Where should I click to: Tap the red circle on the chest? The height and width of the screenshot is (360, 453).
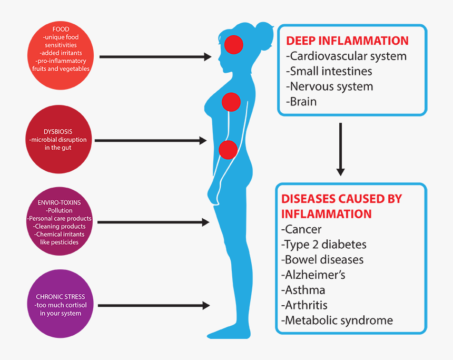231,101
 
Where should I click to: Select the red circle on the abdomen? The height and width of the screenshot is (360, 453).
228,150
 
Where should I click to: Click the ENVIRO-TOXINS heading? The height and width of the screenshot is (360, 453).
59,202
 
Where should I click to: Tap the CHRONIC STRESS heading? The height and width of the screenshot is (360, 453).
60,297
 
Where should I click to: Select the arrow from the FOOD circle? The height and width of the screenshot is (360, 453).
155,56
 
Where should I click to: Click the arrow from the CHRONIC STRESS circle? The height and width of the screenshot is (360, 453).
153,305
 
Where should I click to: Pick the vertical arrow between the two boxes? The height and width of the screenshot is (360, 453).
340,149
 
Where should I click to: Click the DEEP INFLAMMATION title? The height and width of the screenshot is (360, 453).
347,41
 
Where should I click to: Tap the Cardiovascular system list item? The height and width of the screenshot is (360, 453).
346,56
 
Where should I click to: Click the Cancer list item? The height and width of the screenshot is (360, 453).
302,229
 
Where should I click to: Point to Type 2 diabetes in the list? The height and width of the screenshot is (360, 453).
324,245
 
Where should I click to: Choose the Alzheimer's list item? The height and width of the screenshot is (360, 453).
314,275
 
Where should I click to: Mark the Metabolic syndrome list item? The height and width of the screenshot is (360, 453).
337,320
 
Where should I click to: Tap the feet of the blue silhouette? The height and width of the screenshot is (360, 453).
232,332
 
